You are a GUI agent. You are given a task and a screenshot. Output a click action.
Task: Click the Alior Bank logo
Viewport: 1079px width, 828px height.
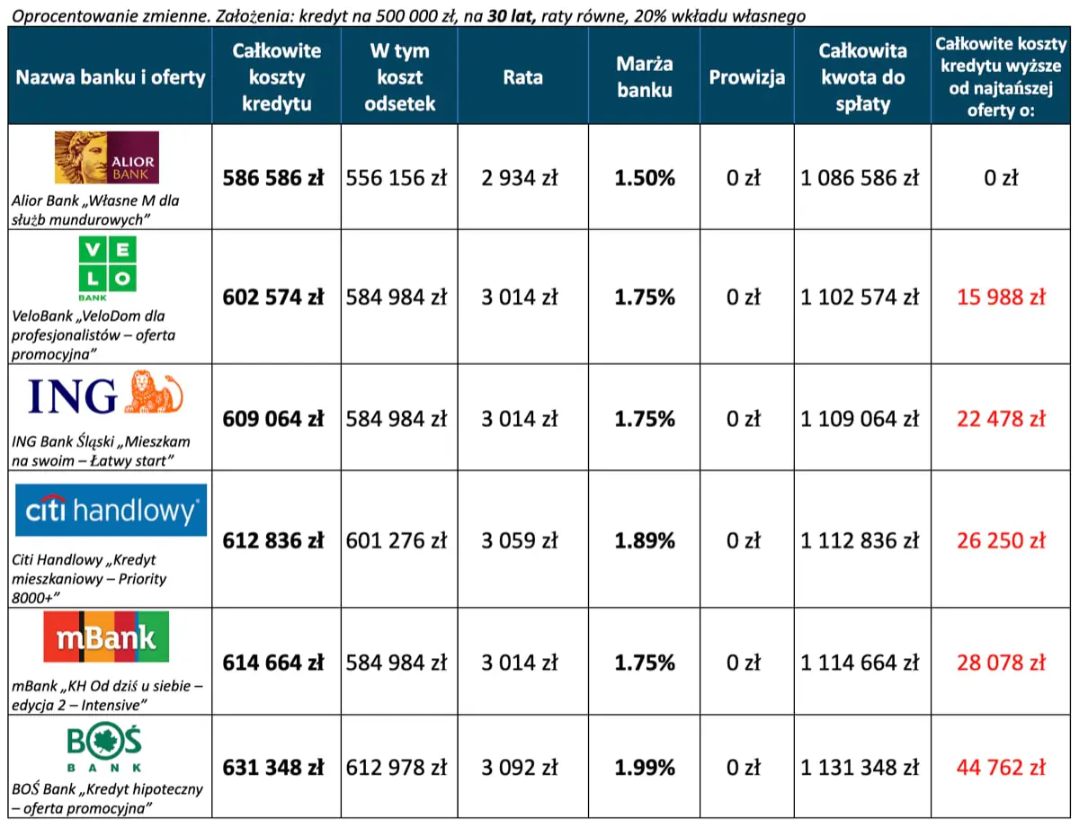(x=106, y=157)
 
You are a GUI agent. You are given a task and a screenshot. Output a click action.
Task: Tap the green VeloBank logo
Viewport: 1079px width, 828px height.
(x=106, y=268)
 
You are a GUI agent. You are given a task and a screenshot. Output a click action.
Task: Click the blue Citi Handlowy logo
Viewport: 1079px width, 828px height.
(x=111, y=511)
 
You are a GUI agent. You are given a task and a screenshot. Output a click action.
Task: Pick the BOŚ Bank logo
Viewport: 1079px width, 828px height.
(x=106, y=749)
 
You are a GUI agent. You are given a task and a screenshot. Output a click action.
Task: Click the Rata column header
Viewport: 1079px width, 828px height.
(x=522, y=77)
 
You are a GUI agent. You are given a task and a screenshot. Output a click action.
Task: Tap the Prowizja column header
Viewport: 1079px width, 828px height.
(x=746, y=77)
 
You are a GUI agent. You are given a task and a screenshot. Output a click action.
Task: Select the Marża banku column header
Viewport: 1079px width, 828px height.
(x=644, y=77)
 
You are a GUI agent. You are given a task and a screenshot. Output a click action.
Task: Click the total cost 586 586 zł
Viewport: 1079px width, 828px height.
(x=273, y=178)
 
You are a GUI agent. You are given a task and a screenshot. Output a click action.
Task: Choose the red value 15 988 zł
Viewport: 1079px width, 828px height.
(x=1001, y=298)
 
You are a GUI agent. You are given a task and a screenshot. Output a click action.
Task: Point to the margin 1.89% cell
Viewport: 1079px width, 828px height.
(x=645, y=541)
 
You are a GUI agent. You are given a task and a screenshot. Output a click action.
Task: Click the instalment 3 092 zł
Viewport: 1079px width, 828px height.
(x=519, y=768)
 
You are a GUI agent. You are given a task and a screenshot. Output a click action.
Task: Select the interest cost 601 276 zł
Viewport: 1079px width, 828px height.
(x=397, y=541)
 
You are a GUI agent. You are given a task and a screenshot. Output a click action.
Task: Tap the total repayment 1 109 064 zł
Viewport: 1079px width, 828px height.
(x=860, y=419)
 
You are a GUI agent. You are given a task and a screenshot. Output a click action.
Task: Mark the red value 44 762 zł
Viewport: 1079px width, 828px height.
(x=1001, y=768)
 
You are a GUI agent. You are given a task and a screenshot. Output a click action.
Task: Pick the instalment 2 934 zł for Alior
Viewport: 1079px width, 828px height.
(x=519, y=178)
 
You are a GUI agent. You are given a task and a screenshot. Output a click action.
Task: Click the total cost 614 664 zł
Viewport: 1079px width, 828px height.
(x=273, y=663)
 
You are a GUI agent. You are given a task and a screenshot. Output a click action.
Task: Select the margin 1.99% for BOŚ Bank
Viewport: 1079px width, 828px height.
(x=645, y=768)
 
